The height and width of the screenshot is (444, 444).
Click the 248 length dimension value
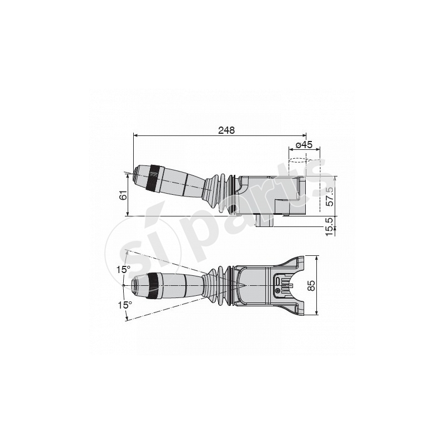[226, 130]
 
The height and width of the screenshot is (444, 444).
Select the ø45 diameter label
[304, 145]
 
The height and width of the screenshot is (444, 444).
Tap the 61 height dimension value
[123, 195]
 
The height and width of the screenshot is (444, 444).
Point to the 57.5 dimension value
[330, 196]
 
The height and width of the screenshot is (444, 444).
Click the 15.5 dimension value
[330, 227]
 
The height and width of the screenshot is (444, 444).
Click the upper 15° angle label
[123, 270]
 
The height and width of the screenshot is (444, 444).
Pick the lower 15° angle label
[125, 305]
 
